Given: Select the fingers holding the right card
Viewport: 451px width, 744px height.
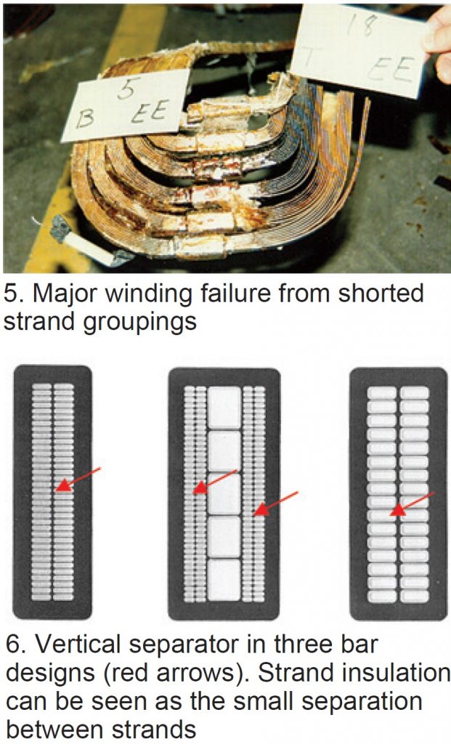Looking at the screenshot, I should pyautogui.click(x=439, y=44).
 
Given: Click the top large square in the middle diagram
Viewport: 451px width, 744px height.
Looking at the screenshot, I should pyautogui.click(x=224, y=407).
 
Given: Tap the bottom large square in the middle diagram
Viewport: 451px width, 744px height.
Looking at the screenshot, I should pyautogui.click(x=224, y=579).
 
